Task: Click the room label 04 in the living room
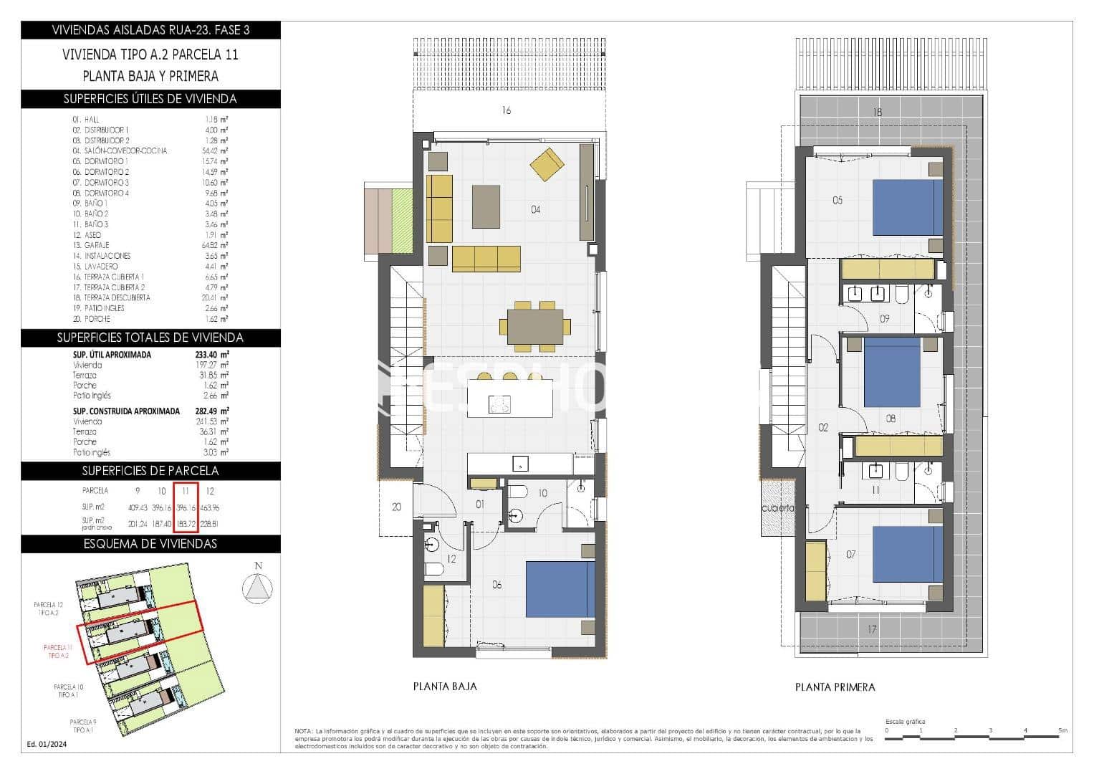tap(535, 209)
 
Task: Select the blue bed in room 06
tap(560, 589)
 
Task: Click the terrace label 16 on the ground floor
tap(507, 110)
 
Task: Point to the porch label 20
tap(396, 507)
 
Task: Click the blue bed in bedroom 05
tap(907, 207)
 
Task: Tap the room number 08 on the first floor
tap(891, 419)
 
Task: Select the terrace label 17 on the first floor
tap(872, 630)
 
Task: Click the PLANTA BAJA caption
tap(445, 686)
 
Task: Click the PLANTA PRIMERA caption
tap(835, 687)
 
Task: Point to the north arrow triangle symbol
tap(258, 588)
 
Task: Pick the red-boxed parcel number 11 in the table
tap(186, 491)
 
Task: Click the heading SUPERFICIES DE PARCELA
tap(150, 471)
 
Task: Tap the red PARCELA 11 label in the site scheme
tap(57, 651)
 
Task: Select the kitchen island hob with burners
tap(500, 404)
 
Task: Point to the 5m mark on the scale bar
tap(1062, 730)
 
